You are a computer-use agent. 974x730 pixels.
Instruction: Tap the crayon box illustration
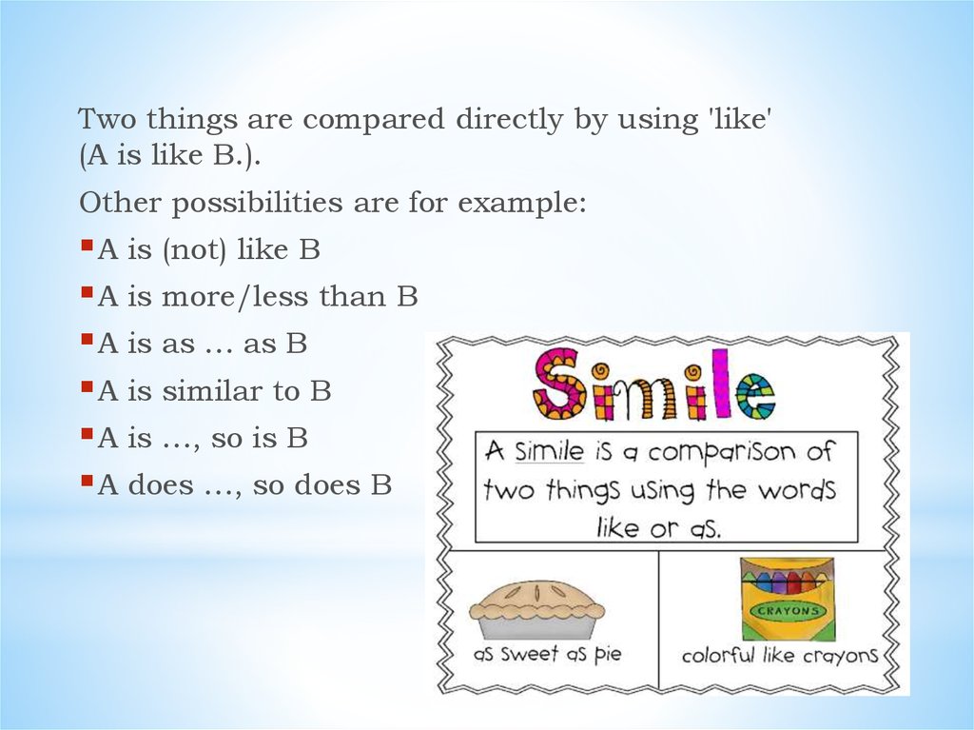click(788, 599)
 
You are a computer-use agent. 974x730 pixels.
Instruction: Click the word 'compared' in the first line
click(368, 122)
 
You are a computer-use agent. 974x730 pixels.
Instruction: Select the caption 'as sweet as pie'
click(547, 655)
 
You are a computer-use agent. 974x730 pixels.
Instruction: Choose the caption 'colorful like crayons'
click(779, 655)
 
